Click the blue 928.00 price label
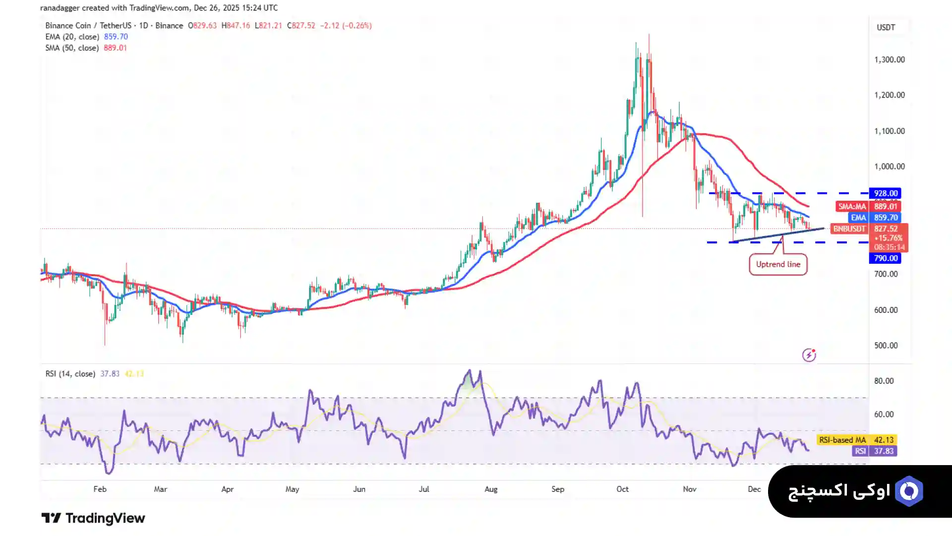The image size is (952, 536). pyautogui.click(x=885, y=193)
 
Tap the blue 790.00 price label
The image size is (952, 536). pyautogui.click(x=885, y=258)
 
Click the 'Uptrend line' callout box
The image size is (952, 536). pyautogui.click(x=778, y=264)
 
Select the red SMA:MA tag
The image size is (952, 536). pyautogui.click(x=852, y=206)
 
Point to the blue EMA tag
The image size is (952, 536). pyautogui.click(x=858, y=218)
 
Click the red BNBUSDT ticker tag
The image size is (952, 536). pyautogui.click(x=849, y=229)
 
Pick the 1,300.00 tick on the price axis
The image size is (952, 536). pyautogui.click(x=889, y=60)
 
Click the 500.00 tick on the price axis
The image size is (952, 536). pyautogui.click(x=886, y=346)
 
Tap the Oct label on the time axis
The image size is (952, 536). pyautogui.click(x=622, y=489)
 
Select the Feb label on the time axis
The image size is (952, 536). pyautogui.click(x=100, y=489)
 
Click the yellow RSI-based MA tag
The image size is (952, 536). pyautogui.click(x=842, y=440)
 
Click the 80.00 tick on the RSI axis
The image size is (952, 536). pyautogui.click(x=884, y=381)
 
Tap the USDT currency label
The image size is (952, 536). pyautogui.click(x=886, y=27)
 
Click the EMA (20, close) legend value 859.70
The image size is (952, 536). pyautogui.click(x=116, y=37)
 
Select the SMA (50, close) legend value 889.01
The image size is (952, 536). pyautogui.click(x=115, y=48)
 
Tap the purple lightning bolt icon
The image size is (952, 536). pyautogui.click(x=809, y=355)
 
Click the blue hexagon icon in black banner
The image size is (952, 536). pyautogui.click(x=909, y=491)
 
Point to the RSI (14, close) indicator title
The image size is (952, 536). pyautogui.click(x=70, y=374)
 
